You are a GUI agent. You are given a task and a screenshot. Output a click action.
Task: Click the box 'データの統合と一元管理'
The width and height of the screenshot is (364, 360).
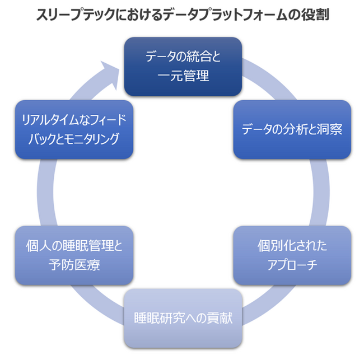[183, 67]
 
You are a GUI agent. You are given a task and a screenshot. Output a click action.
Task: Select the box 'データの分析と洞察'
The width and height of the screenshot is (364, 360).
[292, 129]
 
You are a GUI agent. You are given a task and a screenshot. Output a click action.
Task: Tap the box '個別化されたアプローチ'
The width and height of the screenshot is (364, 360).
[292, 255]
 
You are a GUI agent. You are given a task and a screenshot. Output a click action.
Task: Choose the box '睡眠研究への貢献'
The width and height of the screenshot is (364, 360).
[183, 319]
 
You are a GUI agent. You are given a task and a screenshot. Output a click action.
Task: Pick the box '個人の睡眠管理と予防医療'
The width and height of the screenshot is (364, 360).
[74, 255]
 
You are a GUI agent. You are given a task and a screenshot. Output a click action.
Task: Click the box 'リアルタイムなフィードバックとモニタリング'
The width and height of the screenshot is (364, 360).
[74, 129]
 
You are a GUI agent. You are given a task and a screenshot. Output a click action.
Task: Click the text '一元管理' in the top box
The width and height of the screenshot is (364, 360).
[183, 76]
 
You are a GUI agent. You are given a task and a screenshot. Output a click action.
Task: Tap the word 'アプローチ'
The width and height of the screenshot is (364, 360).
[292, 265]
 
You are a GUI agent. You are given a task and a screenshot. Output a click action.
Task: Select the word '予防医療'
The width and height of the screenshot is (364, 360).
[74, 265]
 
